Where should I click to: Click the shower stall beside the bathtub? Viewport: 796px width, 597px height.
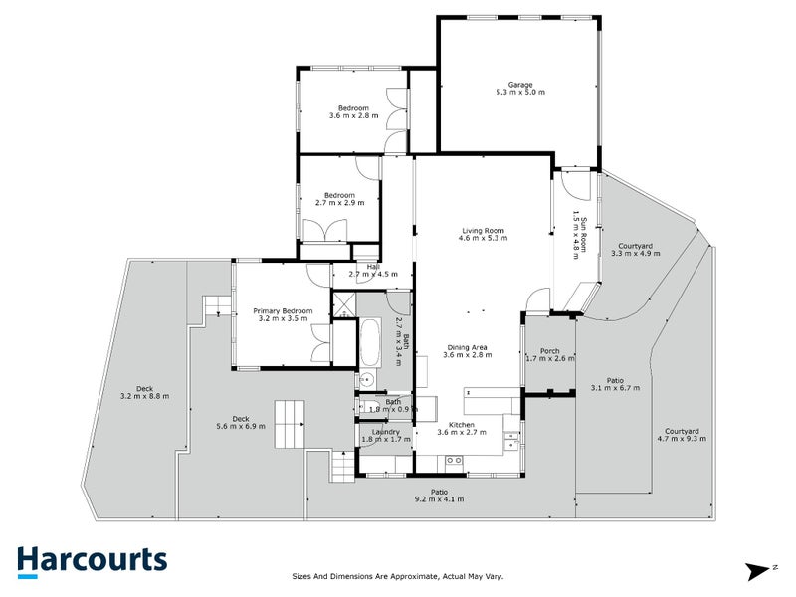pos(344,303)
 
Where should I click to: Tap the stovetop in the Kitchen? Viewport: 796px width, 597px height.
pos(454,459)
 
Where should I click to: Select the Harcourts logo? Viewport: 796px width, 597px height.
pos(91,561)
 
